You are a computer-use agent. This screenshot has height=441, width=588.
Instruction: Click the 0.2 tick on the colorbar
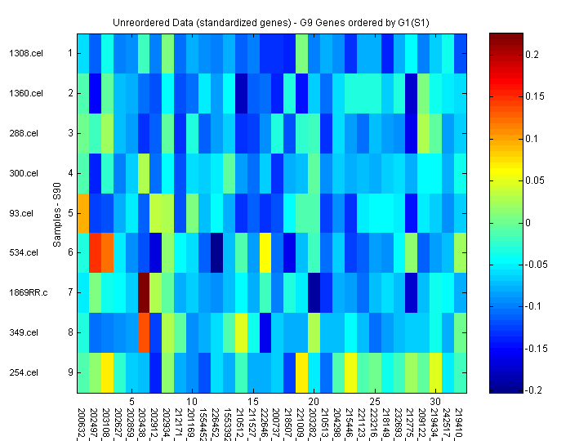[532, 54]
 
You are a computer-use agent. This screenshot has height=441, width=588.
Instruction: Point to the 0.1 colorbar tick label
[532, 138]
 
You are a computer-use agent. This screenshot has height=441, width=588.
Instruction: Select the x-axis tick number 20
[314, 402]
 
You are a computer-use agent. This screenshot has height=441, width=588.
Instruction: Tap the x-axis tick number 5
[131, 402]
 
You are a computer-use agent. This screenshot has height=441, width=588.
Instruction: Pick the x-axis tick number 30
[435, 402]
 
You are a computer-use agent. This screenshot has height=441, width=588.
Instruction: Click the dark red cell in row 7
[144, 292]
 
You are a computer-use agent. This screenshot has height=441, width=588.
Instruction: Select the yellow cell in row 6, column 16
[265, 253]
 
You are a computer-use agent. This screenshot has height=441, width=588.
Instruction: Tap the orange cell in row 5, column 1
[83, 213]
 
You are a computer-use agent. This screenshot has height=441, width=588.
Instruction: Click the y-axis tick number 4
[69, 173]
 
